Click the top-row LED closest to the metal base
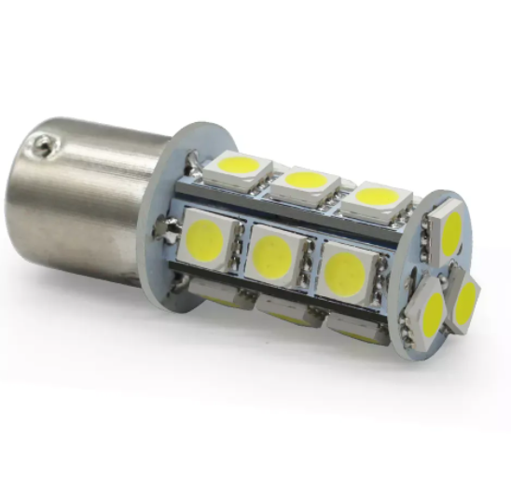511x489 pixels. pos(237,169)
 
